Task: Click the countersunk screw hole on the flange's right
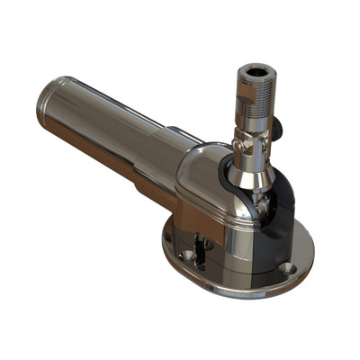point(287,267)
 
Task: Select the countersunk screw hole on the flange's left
point(186,255)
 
